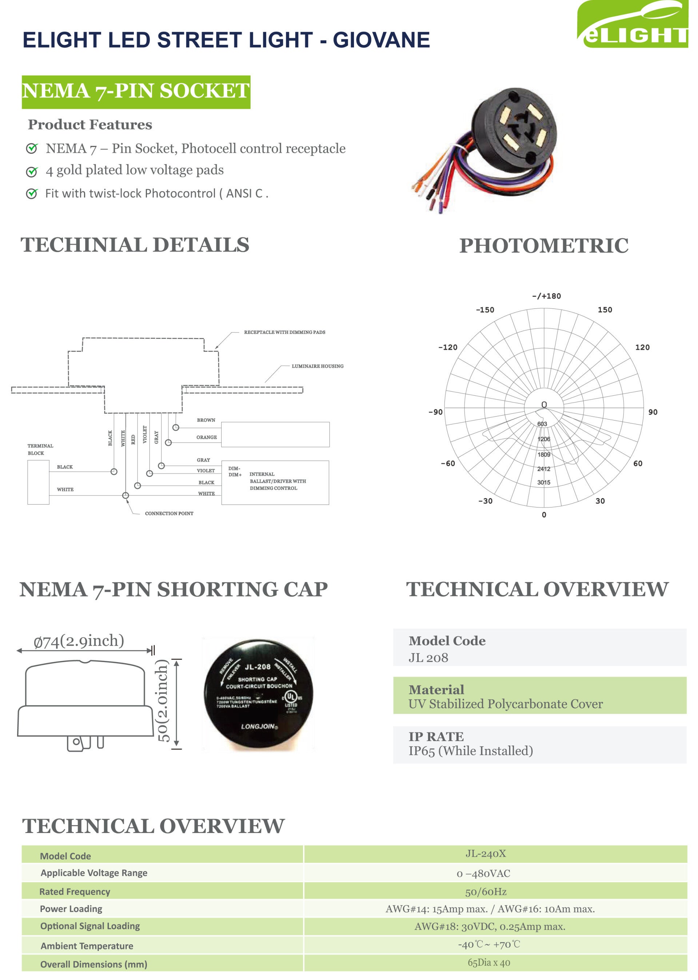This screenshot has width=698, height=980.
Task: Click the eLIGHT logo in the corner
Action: tap(633, 25)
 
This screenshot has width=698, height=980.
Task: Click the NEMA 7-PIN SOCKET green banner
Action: tap(136, 92)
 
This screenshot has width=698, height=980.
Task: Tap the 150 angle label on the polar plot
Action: tap(605, 310)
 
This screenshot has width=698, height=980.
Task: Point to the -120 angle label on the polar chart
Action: tap(447, 347)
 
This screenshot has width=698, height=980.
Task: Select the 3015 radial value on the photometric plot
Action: tap(544, 483)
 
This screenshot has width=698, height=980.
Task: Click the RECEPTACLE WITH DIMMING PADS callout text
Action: tap(284, 332)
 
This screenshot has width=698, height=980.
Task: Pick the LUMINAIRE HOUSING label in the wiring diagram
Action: tap(317, 366)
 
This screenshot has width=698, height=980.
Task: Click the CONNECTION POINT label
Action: tap(169, 514)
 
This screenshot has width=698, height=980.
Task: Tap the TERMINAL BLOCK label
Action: tap(40, 450)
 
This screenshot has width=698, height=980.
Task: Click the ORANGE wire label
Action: tap(206, 438)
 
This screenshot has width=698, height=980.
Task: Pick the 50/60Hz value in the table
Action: tap(486, 892)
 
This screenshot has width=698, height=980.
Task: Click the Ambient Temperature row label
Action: tap(87, 945)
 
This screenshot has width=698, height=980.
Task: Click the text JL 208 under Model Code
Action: tap(428, 658)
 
